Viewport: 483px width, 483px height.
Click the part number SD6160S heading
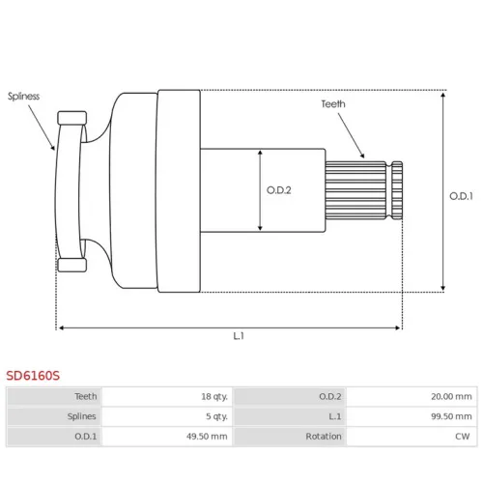(33, 376)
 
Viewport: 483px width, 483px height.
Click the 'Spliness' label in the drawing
(23, 97)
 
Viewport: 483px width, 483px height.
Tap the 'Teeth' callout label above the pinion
(333, 104)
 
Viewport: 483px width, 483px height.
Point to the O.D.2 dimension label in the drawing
(279, 190)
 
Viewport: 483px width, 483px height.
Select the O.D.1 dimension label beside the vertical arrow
(461, 196)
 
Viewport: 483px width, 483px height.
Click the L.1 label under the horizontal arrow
(239, 336)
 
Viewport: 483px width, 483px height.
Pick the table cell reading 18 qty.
(214, 396)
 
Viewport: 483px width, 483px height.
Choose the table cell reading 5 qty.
(216, 416)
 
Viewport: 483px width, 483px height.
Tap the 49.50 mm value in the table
(207, 437)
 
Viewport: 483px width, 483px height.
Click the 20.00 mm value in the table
(451, 396)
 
